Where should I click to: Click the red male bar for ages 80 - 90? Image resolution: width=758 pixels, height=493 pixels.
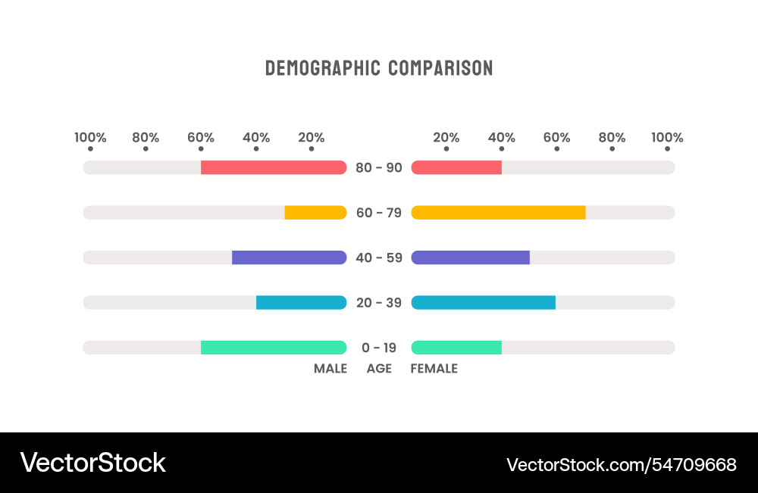(x=273, y=167)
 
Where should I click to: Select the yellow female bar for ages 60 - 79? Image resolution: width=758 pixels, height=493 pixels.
(x=498, y=212)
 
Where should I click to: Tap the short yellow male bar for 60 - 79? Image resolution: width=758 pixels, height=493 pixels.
(x=315, y=212)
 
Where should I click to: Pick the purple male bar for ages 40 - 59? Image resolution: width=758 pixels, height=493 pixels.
(x=289, y=257)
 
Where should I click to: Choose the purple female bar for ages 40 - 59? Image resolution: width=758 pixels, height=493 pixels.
(x=470, y=257)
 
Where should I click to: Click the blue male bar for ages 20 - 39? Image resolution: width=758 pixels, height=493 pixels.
(x=301, y=302)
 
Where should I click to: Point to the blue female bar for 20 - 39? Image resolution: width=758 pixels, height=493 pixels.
(x=483, y=302)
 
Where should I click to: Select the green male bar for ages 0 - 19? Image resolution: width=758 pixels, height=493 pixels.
(x=273, y=348)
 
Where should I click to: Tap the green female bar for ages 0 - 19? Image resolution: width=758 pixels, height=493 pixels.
(x=456, y=348)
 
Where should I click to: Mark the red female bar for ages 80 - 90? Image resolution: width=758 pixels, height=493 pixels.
(x=456, y=167)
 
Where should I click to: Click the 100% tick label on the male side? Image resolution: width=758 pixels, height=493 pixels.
(x=90, y=138)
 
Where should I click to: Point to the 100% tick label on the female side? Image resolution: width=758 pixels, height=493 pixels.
(x=667, y=138)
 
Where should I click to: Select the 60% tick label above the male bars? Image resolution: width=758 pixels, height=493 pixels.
(x=201, y=138)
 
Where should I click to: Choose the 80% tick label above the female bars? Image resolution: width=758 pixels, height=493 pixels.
(x=612, y=138)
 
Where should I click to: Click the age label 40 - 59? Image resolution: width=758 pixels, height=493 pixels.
(x=379, y=257)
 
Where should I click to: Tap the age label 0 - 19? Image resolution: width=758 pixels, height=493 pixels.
(x=379, y=348)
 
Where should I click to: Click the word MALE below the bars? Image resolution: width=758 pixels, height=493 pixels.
(x=330, y=369)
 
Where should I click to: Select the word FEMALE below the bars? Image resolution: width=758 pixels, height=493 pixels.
(x=434, y=369)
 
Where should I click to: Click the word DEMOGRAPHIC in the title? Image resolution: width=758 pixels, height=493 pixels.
(x=322, y=68)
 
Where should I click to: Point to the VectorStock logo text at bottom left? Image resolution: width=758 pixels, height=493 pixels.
(x=92, y=463)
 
